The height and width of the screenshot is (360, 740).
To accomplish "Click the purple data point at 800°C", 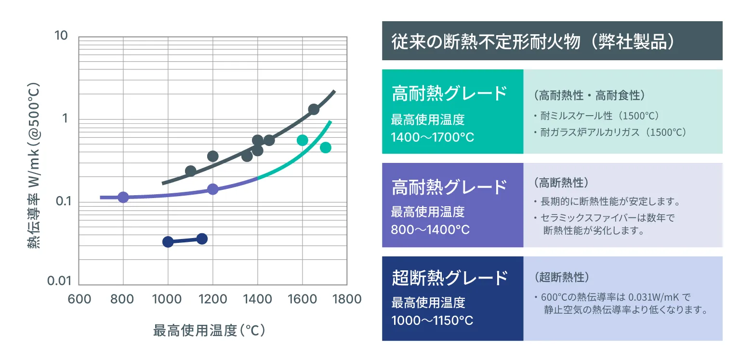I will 123,197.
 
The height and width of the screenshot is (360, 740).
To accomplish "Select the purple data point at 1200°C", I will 212,189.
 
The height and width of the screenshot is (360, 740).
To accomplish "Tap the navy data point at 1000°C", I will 168,242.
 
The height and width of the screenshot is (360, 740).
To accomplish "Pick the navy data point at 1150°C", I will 202,239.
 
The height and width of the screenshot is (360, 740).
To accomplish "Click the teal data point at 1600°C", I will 302,140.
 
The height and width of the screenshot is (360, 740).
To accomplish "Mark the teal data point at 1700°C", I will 325,147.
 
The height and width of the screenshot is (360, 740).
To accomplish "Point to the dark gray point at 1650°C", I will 314,109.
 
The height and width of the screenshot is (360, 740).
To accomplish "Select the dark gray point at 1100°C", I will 190,171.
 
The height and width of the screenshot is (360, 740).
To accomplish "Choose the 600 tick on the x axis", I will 79,299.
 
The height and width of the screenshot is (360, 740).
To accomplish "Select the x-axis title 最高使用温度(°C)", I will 209,331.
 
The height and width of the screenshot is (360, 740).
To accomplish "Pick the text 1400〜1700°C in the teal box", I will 433,137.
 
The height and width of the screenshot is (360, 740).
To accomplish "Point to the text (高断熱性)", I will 561,183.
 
